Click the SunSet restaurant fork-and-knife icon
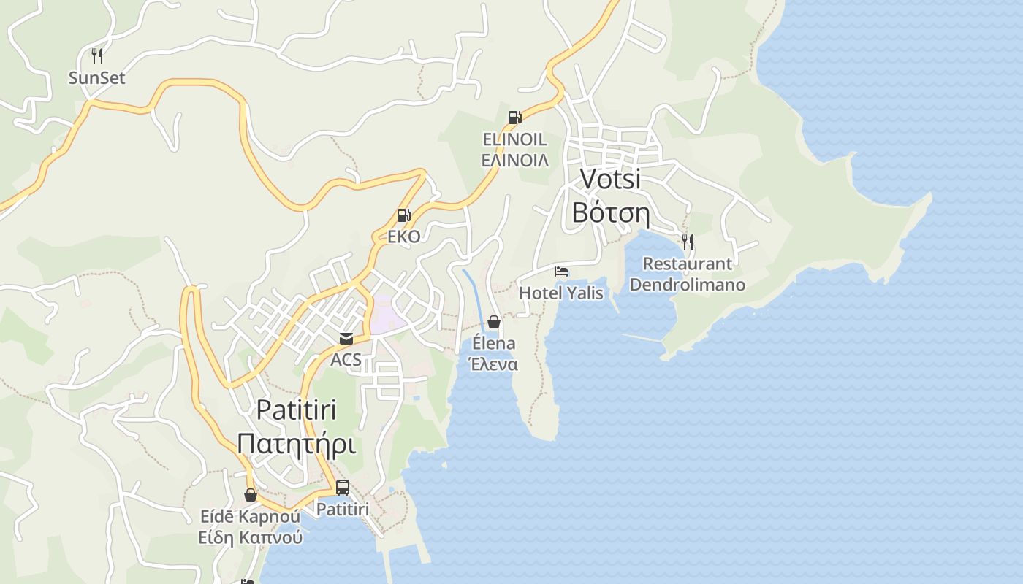coord(96,55)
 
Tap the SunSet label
coord(96,77)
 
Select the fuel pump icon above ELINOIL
coord(514,117)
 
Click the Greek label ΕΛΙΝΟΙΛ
coord(515,160)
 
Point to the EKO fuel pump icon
coord(403,215)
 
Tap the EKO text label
coord(403,237)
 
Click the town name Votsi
coord(610,179)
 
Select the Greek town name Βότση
coord(610,212)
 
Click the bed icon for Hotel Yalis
coord(561,272)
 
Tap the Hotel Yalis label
coord(561,293)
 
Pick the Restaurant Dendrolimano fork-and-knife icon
coord(687,242)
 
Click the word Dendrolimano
coord(687,284)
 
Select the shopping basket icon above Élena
coord(494,322)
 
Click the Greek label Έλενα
coord(494,364)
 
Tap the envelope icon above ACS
coord(346,339)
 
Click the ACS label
coord(346,359)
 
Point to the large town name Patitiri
coord(297,410)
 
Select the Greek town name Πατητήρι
coord(297,443)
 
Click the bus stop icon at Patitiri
coord(343,488)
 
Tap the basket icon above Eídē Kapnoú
coord(251,495)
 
